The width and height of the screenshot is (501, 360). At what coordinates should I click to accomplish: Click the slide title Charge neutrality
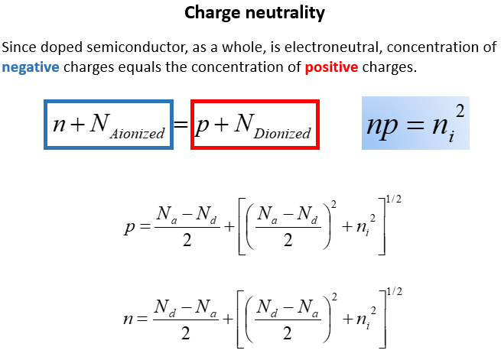[255, 13]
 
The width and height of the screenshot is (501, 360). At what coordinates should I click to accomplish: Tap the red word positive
[331, 67]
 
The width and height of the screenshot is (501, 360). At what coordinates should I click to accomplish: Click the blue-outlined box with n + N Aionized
[109, 125]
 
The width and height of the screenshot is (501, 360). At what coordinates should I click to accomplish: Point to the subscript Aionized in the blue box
[137, 133]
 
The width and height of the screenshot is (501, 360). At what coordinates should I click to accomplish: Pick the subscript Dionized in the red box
[282, 133]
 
